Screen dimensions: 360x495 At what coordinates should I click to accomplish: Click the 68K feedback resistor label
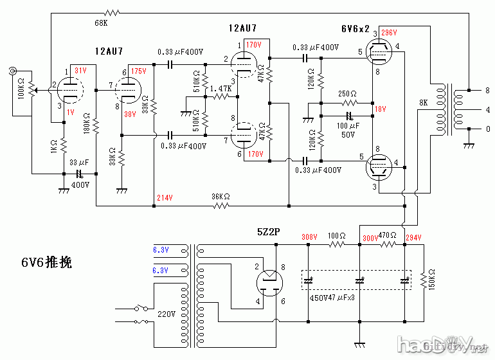tap(101, 23)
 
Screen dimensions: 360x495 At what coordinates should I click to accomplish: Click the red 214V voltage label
tap(164, 197)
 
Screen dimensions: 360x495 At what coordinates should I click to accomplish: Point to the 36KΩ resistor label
tap(221, 197)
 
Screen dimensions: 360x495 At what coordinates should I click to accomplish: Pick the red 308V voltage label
tap(309, 237)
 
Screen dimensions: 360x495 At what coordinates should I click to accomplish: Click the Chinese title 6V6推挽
tap(46, 262)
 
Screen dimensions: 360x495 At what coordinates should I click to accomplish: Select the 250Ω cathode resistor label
tap(348, 93)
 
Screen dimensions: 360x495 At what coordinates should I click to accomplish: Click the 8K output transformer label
tap(423, 102)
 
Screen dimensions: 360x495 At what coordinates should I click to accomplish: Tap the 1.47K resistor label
tap(221, 87)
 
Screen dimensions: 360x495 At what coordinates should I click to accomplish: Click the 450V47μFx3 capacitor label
tap(332, 298)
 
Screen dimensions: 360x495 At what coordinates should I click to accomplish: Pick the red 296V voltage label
tap(389, 32)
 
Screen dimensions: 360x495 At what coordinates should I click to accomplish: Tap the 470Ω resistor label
tap(387, 235)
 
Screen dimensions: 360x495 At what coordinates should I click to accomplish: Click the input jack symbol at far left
tap(13, 72)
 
